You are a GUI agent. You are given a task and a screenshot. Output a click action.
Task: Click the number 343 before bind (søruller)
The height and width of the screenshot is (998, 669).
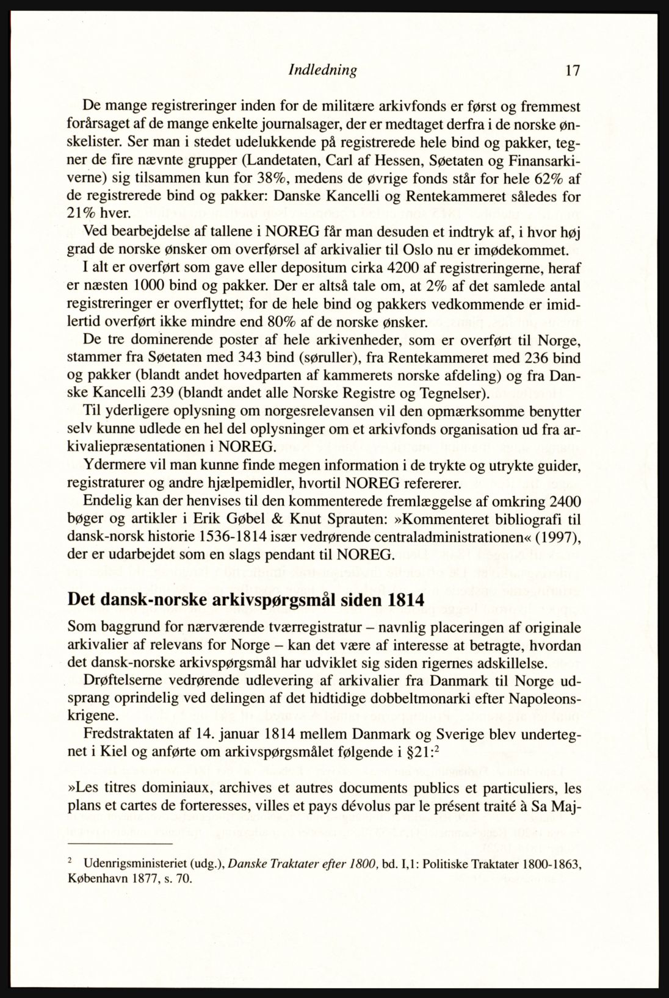pos(236,357)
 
